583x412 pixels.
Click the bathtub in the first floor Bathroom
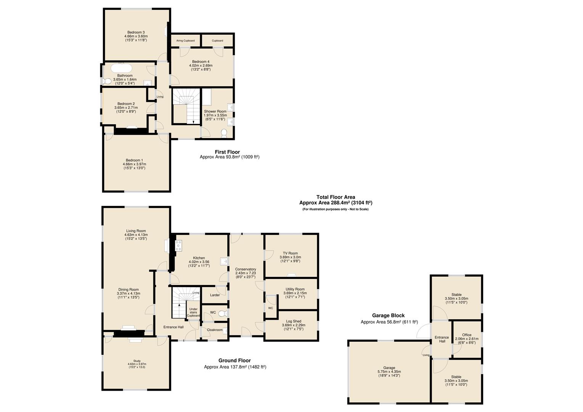(x=122, y=68)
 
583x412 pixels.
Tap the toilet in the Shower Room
(x=224, y=133)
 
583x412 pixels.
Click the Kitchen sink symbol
(x=224, y=262)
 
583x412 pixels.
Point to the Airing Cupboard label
(x=185, y=40)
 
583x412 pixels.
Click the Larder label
(x=215, y=295)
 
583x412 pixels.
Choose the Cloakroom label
(x=214, y=330)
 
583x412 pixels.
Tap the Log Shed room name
(x=291, y=321)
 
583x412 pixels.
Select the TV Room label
(x=290, y=253)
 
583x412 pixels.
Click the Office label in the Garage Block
(x=467, y=335)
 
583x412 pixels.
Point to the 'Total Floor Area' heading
(x=335, y=197)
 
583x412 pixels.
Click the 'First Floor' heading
(x=227, y=152)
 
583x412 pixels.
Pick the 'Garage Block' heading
(x=388, y=315)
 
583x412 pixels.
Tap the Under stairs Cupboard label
(x=193, y=312)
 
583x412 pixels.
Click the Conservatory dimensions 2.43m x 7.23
(x=245, y=273)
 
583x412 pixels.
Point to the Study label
(x=137, y=361)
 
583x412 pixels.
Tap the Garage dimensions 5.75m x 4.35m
(x=389, y=372)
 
